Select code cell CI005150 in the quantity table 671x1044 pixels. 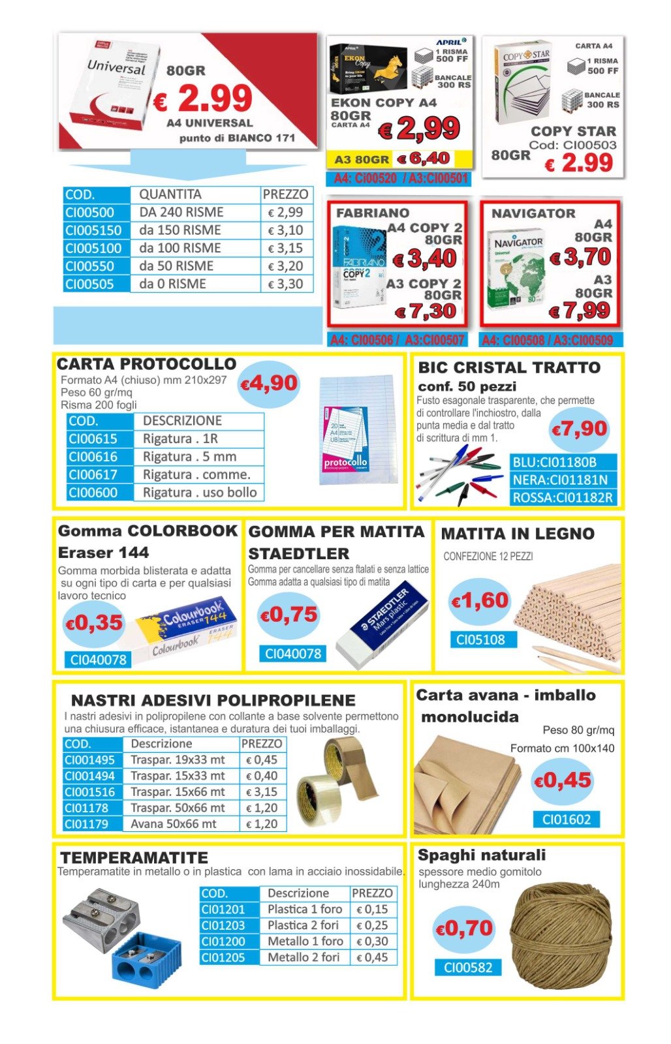tap(93, 230)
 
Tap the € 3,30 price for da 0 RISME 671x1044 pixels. tap(285, 284)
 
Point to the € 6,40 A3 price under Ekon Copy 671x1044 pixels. tap(424, 159)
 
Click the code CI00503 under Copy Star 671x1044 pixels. tap(573, 145)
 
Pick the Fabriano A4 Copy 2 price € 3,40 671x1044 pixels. tap(425, 259)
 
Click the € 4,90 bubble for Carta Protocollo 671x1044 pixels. tap(269, 384)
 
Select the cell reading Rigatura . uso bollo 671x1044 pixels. tap(199, 493)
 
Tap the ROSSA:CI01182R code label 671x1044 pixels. tap(563, 498)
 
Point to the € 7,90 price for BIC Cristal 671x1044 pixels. tap(579, 429)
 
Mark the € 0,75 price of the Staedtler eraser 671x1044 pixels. tap(289, 615)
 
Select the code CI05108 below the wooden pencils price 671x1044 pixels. tap(480, 640)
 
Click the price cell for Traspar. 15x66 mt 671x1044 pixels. tap(262, 792)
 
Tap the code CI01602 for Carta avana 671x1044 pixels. tap(566, 820)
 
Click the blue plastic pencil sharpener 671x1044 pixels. tap(147, 957)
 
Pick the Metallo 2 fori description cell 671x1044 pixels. tap(304, 958)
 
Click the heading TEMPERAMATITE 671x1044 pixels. tap(134, 857)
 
